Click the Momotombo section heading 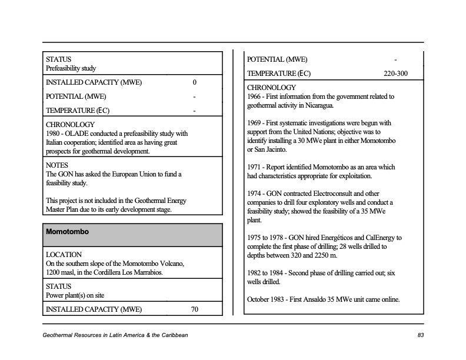coord(67,232)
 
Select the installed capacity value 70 coord(195,309)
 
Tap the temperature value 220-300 coord(395,74)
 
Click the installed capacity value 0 coord(195,82)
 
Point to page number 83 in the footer coord(421,335)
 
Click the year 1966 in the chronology coord(255,96)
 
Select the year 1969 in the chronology coord(255,124)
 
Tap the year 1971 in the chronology coord(255,167)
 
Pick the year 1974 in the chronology coord(255,194)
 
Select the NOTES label coord(57,166)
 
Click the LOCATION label coord(64,255)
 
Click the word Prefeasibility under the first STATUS coord(64,68)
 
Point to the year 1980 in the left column coord(54,134)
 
